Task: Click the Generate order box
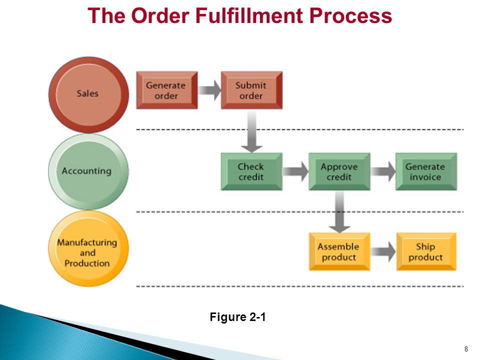(x=167, y=90)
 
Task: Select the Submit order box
(x=251, y=90)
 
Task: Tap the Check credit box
(x=251, y=171)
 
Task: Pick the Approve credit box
(x=339, y=171)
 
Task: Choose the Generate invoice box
(x=426, y=171)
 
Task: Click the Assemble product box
(x=339, y=251)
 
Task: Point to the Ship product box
(x=426, y=251)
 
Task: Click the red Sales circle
(x=88, y=94)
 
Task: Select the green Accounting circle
(x=88, y=171)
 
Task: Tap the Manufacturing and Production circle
(x=88, y=248)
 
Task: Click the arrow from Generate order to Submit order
(x=209, y=90)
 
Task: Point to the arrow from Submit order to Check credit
(x=251, y=131)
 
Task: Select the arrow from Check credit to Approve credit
(x=295, y=171)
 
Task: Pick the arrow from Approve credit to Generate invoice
(x=383, y=171)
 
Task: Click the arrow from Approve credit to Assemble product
(x=339, y=212)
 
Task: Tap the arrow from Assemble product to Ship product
(x=383, y=251)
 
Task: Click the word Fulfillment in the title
(x=249, y=15)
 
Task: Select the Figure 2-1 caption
(x=237, y=317)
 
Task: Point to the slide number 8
(x=466, y=349)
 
